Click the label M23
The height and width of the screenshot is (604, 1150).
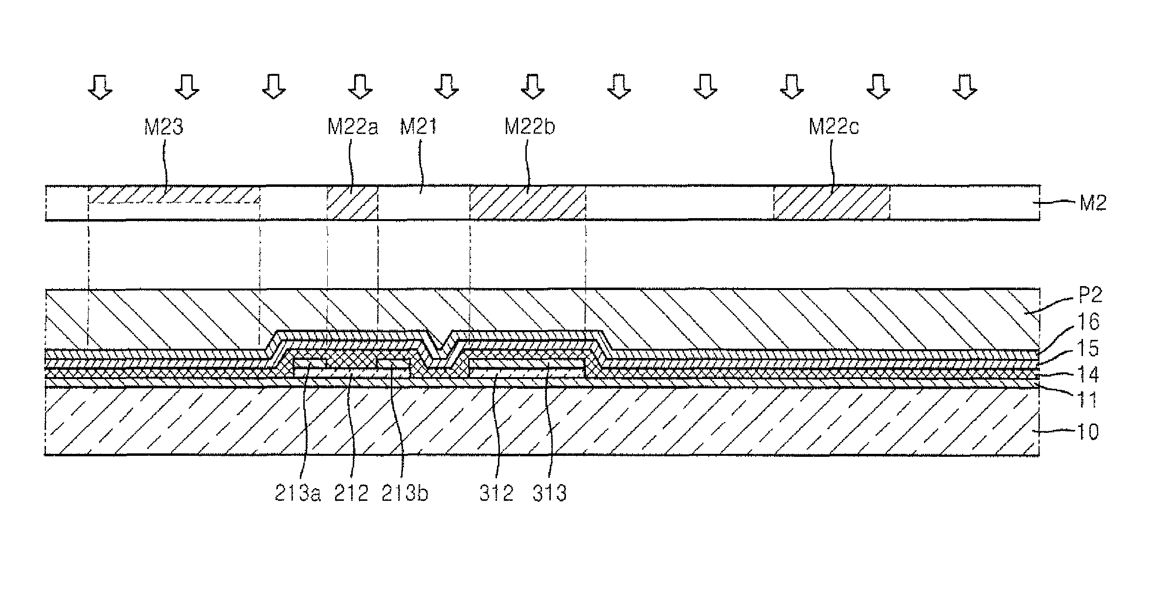[x=163, y=127]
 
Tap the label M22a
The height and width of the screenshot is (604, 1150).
[x=353, y=127]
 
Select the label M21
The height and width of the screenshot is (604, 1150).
[x=418, y=127]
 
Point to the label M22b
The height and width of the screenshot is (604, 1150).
[x=530, y=127]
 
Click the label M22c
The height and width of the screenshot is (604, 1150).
[x=834, y=127]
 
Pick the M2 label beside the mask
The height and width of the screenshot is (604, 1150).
[x=1093, y=202]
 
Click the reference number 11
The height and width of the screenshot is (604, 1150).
[x=1087, y=400]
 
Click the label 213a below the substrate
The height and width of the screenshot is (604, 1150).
[x=297, y=494]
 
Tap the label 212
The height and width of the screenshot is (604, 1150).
[x=351, y=494]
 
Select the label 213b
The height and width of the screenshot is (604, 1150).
[x=405, y=494]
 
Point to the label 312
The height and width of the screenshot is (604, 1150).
[x=496, y=494]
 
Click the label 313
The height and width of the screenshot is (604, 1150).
[x=549, y=494]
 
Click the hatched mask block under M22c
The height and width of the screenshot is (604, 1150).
[x=832, y=203]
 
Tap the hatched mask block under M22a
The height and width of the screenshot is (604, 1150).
[x=352, y=203]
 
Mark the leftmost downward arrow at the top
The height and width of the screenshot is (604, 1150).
[x=100, y=87]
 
